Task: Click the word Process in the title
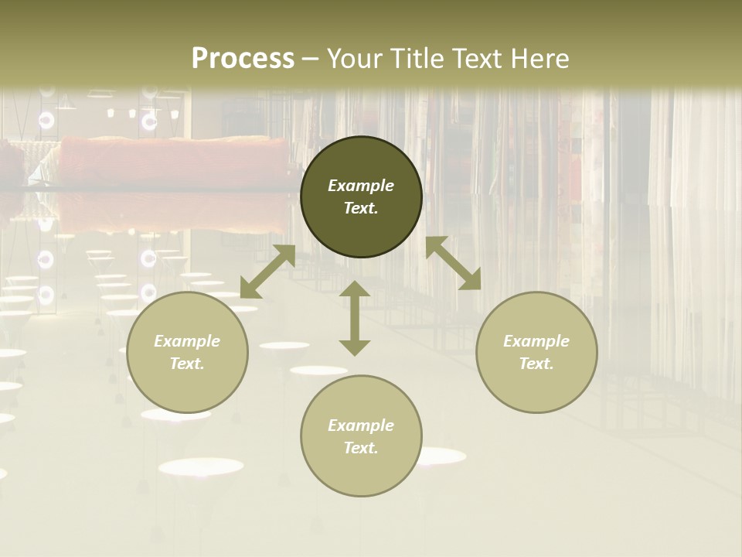pyautogui.click(x=243, y=59)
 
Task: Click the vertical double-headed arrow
pyautogui.click(x=355, y=318)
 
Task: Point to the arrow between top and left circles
pyautogui.click(x=267, y=272)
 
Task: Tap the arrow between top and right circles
pyautogui.click(x=453, y=263)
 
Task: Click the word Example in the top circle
pyautogui.click(x=361, y=186)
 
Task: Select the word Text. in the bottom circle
pyautogui.click(x=361, y=448)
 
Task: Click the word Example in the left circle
pyautogui.click(x=187, y=341)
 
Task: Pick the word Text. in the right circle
pyautogui.click(x=536, y=364)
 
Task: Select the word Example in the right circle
pyautogui.click(x=536, y=341)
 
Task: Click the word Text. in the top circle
pyautogui.click(x=361, y=208)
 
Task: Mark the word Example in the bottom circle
pyautogui.click(x=361, y=425)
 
